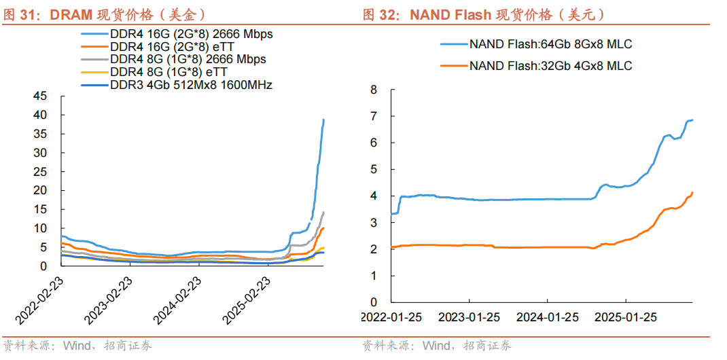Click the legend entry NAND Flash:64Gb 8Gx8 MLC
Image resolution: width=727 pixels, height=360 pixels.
point(550,44)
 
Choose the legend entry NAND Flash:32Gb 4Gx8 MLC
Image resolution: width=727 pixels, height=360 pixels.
point(550,65)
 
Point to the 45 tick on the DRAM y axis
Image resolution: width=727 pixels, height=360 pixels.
point(40,96)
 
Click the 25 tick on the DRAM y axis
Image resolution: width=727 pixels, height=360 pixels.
point(40,171)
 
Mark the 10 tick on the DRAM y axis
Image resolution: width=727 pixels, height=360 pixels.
point(40,228)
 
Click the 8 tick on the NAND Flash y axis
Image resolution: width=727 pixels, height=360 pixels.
point(374,89)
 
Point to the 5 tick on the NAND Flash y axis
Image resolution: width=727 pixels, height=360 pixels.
point(374,169)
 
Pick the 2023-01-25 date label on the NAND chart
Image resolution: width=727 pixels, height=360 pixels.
point(469,317)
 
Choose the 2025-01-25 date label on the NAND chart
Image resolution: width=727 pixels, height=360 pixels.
point(626,317)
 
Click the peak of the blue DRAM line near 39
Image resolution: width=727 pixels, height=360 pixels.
point(323,120)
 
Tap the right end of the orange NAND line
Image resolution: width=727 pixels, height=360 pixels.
point(692,192)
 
